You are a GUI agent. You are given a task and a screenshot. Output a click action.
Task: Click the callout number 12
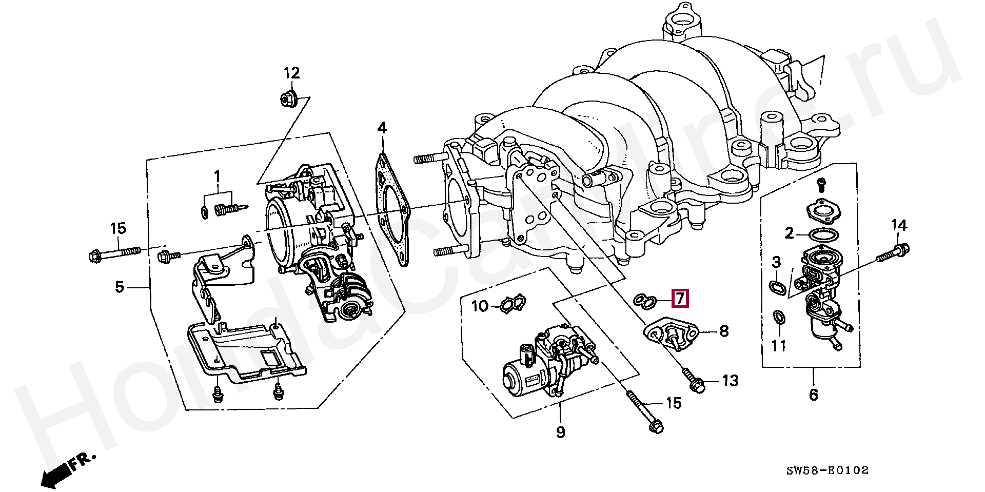click(291, 73)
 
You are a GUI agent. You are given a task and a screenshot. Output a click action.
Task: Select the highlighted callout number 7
click(679, 298)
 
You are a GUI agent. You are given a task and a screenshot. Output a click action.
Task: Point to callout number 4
click(382, 128)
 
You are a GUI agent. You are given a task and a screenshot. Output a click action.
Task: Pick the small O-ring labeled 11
click(778, 319)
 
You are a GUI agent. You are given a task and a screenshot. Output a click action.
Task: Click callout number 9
click(560, 432)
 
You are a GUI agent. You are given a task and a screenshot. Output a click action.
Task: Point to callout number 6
click(813, 395)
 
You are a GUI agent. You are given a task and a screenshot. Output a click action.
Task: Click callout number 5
click(120, 287)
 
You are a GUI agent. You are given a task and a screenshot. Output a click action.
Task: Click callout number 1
click(217, 177)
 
